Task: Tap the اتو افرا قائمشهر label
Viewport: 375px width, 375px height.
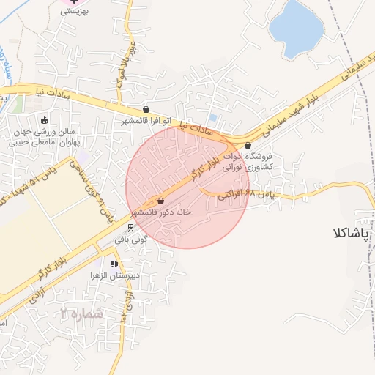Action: click(x=146, y=120)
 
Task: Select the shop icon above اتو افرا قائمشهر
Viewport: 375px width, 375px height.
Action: click(x=146, y=109)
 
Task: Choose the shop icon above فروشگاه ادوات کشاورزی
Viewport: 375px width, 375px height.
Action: click(x=248, y=145)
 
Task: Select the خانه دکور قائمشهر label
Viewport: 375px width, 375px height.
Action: click(x=160, y=212)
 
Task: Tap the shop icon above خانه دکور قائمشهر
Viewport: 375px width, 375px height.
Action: click(x=160, y=201)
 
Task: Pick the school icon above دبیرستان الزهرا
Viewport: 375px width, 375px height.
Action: click(x=114, y=264)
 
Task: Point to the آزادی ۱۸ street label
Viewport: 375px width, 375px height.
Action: click(x=129, y=308)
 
